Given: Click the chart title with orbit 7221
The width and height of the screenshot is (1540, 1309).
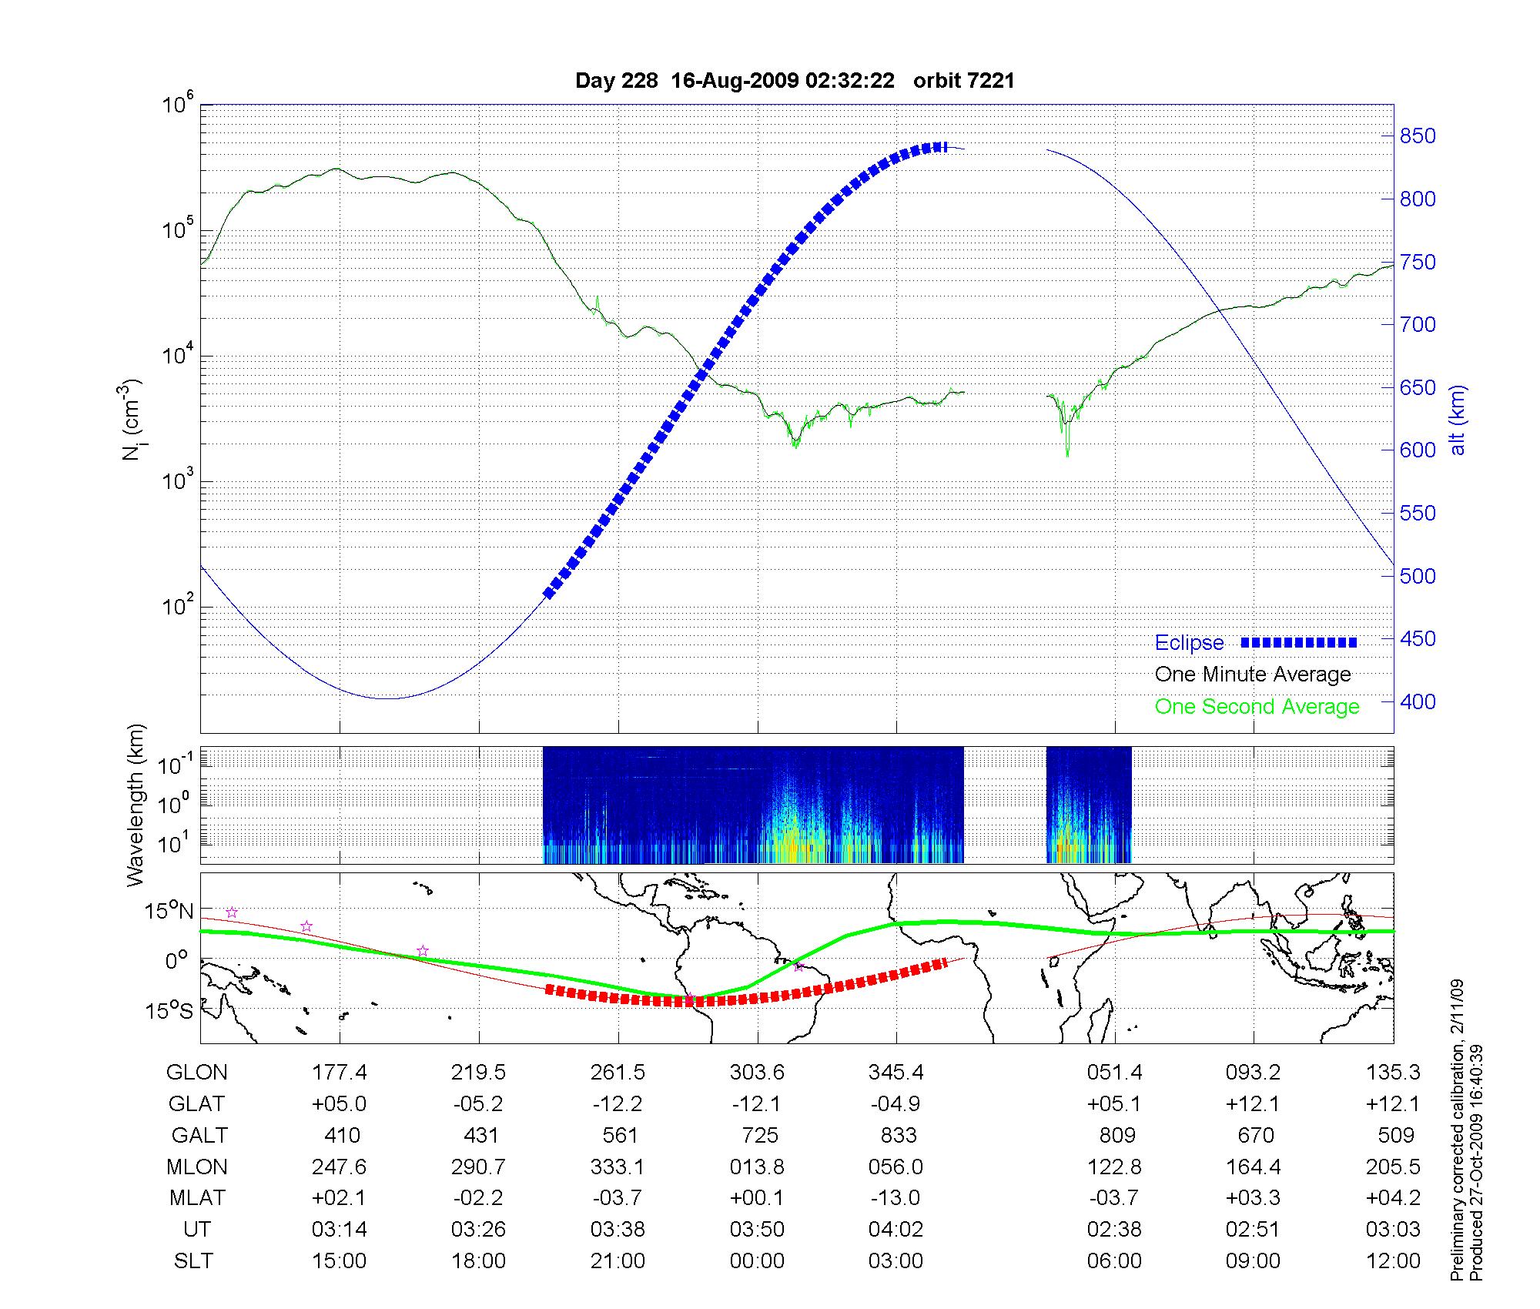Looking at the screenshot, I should pyautogui.click(x=795, y=81).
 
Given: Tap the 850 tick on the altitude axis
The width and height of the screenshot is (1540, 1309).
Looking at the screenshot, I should pyautogui.click(x=1417, y=136).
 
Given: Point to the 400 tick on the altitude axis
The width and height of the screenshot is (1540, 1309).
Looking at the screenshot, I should pyautogui.click(x=1417, y=701).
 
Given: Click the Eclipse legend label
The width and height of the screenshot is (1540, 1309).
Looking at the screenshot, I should pyautogui.click(x=1189, y=643).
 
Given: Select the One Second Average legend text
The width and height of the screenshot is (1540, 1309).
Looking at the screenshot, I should pyautogui.click(x=1257, y=707).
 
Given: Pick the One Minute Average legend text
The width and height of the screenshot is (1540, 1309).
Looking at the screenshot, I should pyautogui.click(x=1253, y=675).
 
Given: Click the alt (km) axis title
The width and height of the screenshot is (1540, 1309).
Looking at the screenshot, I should pyautogui.click(x=1458, y=420).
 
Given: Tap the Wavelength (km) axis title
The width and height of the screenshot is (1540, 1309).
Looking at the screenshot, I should pyautogui.click(x=136, y=805).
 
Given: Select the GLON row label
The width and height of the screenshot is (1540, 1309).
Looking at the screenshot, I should pyautogui.click(x=197, y=1073).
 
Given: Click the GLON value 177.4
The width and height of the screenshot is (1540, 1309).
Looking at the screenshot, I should pyautogui.click(x=339, y=1073).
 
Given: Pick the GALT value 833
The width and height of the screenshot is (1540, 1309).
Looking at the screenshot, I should pyautogui.click(x=898, y=1136).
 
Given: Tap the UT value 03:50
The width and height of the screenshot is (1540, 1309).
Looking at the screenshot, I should pyautogui.click(x=757, y=1230).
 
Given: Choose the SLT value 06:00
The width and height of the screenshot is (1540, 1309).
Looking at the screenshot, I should pyautogui.click(x=1114, y=1261).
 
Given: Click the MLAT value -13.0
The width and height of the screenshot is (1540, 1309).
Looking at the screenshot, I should pyautogui.click(x=896, y=1198).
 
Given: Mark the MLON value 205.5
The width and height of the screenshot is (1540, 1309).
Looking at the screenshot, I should pyautogui.click(x=1393, y=1167).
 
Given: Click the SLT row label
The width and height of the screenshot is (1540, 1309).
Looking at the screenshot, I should pyautogui.click(x=193, y=1261).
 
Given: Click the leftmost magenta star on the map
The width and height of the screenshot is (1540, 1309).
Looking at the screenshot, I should pyautogui.click(x=232, y=912).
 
